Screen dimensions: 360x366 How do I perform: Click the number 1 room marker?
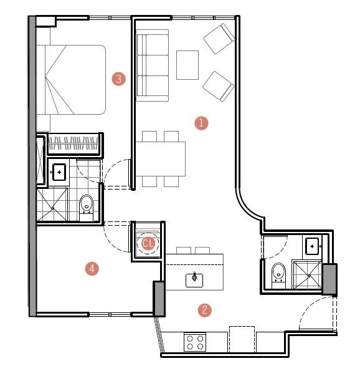pos(201,123)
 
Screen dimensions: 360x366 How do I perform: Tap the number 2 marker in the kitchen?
pos(205,310)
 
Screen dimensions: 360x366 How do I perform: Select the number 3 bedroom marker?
pos(119,79)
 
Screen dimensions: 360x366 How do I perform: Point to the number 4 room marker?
pos(92,269)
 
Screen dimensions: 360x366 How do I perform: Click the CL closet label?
pos(148,243)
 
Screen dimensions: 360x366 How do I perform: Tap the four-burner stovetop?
pos(195,342)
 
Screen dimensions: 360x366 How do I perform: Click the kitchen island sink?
pos(194,280)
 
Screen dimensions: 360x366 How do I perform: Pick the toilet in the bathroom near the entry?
pos(278,275)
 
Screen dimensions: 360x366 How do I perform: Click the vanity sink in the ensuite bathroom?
pos(59,172)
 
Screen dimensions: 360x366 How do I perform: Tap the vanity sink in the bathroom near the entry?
pos(312,246)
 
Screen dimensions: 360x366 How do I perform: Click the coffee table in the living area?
pos(187,65)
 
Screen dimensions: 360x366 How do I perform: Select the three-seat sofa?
pos(152,65)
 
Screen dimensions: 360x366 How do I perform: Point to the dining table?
pos(161,159)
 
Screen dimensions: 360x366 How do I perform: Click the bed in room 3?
pos(71,80)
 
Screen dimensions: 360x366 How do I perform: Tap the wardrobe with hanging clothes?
pos(73,143)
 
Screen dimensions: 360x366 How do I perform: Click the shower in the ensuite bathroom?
pos(52,205)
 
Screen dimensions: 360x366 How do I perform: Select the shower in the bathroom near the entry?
pos(308,275)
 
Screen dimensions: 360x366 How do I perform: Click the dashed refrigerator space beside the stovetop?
pos(242,339)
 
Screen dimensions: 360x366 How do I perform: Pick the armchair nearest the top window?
pos(219,38)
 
